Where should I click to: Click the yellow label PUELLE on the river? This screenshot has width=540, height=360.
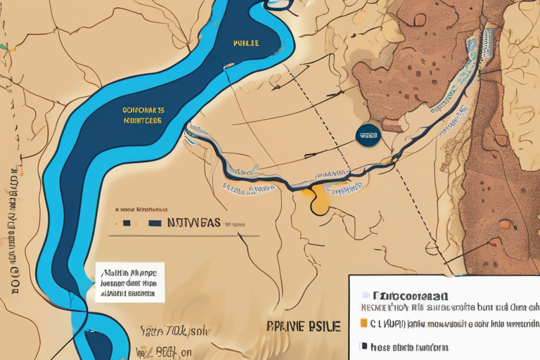click(x=246, y=44)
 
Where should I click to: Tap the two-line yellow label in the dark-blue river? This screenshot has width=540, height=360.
click(x=143, y=115)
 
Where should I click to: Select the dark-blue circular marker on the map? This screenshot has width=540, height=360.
click(x=367, y=135)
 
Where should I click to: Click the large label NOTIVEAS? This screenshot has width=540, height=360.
click(x=195, y=223)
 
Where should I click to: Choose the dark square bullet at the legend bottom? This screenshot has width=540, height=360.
click(x=363, y=347)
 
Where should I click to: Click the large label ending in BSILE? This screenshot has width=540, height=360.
click(x=304, y=326)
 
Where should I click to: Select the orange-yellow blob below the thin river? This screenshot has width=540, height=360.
click(x=320, y=200)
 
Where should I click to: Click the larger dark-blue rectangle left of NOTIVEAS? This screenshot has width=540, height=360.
click(x=155, y=224)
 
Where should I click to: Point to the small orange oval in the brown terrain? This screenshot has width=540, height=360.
click(x=504, y=224)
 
